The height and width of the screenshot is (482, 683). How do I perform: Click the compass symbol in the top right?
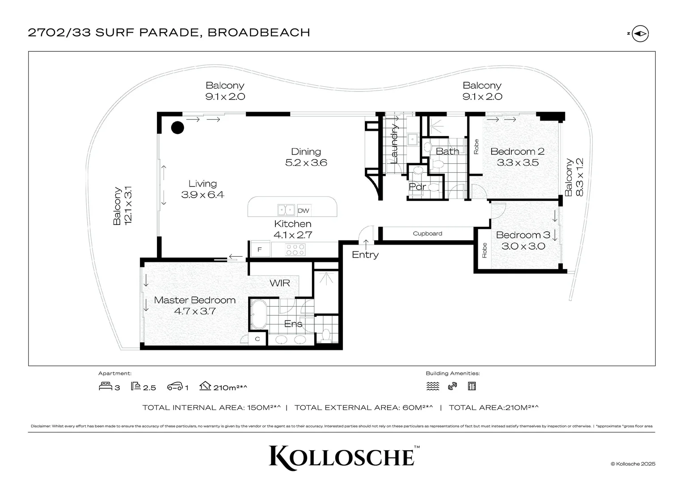tap(641, 33)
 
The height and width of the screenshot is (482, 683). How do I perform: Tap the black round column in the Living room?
tap(177, 128)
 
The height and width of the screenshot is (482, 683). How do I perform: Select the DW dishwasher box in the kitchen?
tap(304, 211)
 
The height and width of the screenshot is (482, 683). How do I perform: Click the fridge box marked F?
tap(260, 249)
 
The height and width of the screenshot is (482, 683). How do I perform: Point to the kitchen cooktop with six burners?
tap(295, 249)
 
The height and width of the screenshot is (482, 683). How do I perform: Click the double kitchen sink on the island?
tap(286, 210)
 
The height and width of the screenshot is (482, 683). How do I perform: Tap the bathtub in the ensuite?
tap(258, 315)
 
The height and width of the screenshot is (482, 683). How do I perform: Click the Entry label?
tap(365, 255)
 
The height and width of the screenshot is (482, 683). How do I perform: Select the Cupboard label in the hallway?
tap(427, 233)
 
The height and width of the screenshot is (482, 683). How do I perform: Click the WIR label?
tap(280, 283)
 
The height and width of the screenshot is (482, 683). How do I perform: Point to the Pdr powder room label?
tap(417, 187)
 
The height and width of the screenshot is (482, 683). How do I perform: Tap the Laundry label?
tap(395, 143)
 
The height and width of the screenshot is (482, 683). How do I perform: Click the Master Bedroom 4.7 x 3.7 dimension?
tap(195, 311)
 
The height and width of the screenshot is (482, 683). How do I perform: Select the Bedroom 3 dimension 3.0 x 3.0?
tap(523, 246)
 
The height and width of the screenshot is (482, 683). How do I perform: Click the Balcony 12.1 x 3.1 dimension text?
tap(128, 206)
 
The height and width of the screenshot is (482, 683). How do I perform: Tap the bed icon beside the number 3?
tap(105, 386)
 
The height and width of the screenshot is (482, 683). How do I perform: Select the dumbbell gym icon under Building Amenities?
tap(452, 386)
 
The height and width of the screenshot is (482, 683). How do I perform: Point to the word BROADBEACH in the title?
tap(259, 33)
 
